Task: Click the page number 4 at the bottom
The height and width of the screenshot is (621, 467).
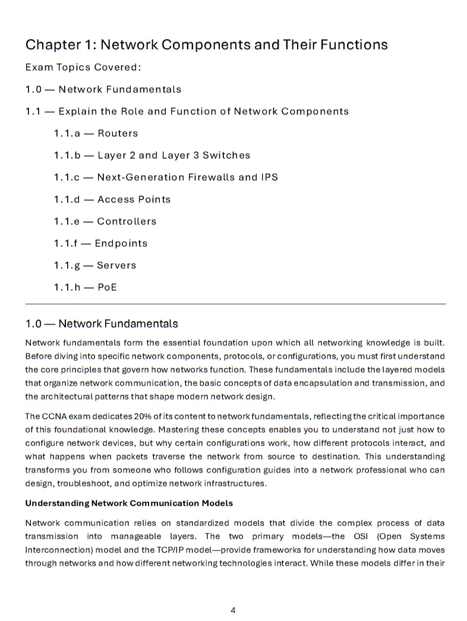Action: tap(233, 610)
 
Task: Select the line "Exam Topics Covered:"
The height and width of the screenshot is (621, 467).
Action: tap(83, 67)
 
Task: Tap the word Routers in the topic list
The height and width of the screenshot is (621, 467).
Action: tap(118, 134)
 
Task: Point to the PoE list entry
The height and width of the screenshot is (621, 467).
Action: tap(107, 287)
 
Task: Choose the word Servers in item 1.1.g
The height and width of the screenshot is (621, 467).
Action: tap(116, 265)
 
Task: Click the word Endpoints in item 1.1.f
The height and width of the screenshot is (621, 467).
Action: tap(121, 243)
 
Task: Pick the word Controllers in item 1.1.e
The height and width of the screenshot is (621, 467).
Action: tap(127, 221)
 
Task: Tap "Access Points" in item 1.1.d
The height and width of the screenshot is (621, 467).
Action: tap(134, 199)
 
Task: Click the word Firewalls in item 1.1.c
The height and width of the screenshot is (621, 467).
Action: tap(213, 178)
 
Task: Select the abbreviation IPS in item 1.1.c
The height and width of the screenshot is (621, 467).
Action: tap(268, 178)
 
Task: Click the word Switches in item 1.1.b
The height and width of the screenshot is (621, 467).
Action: tap(226, 156)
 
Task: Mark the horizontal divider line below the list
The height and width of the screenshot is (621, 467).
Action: tap(235, 304)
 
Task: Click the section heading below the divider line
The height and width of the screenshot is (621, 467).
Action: tap(102, 324)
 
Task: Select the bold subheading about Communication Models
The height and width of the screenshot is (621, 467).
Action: tap(128, 503)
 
